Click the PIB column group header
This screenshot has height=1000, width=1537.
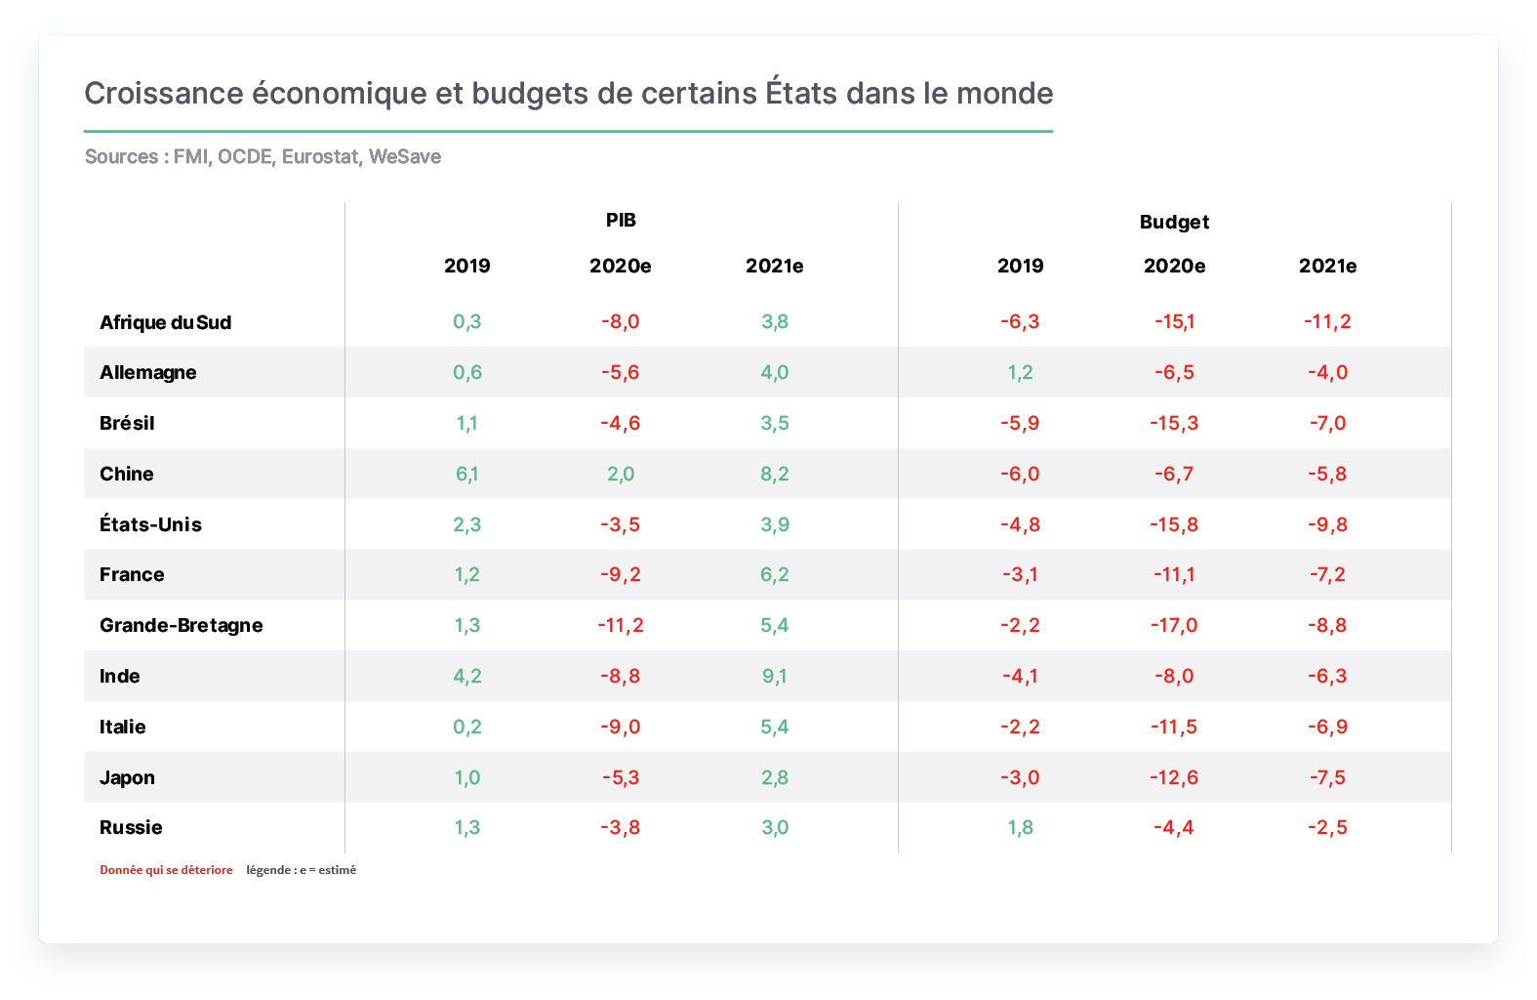click(621, 220)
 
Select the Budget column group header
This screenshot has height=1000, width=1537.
click(1173, 222)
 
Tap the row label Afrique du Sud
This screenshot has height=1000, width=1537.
click(165, 322)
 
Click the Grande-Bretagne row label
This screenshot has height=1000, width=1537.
click(182, 625)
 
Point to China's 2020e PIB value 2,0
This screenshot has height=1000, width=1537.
click(621, 474)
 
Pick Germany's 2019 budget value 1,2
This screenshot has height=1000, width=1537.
click(1020, 372)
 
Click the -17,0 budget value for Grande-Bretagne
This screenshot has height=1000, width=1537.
click(1174, 625)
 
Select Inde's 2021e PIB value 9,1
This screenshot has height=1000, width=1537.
click(775, 676)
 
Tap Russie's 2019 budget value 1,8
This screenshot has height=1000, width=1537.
click(1020, 827)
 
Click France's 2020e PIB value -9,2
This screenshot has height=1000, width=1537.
click(621, 574)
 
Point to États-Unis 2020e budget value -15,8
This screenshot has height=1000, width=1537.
click(1174, 524)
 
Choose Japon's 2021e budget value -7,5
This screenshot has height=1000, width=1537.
click(1327, 776)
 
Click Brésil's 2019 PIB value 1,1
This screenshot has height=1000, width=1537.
click(466, 423)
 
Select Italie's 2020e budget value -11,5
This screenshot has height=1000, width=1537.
click(1174, 726)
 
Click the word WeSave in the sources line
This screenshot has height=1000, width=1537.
click(405, 156)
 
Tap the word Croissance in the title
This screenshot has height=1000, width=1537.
click(163, 94)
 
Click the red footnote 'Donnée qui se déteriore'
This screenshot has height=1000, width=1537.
click(166, 869)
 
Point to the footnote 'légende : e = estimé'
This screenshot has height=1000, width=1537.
click(302, 869)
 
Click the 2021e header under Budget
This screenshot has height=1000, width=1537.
click(1327, 266)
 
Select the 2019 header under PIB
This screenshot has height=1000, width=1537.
click(466, 266)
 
